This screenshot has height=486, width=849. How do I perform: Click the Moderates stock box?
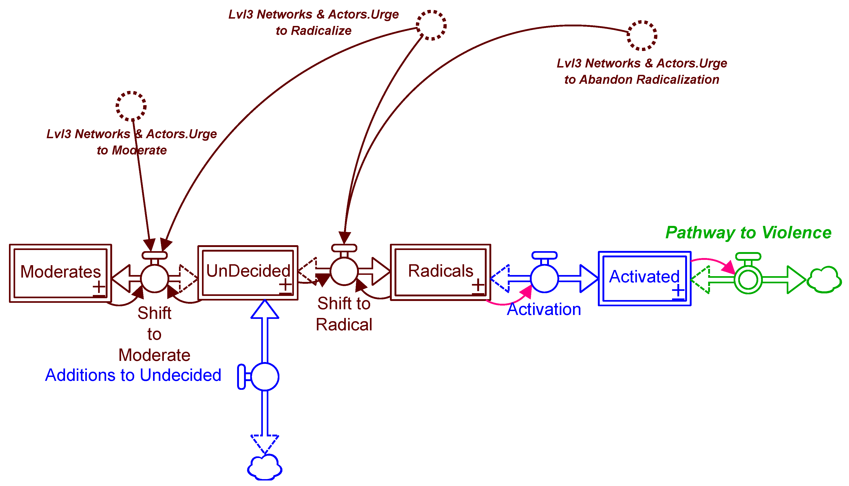coord(60,273)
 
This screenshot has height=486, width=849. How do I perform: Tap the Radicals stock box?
coord(440,272)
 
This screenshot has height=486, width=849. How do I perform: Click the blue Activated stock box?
coord(644,278)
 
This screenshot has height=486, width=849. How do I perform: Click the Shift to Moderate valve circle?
coord(154,278)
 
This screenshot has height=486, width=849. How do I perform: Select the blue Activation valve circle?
coord(544,278)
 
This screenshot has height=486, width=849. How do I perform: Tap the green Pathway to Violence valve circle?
coord(748,280)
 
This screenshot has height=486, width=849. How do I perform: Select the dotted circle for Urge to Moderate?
coord(131,106)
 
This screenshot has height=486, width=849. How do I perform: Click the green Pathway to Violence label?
coord(748,232)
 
